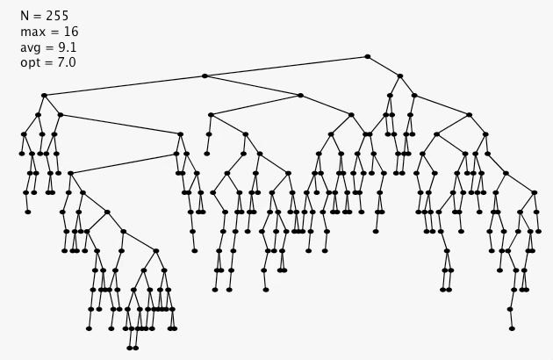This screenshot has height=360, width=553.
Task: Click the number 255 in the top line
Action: pos(55,16)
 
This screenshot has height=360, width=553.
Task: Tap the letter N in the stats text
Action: pos(25,16)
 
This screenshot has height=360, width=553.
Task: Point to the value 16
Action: pos(70,32)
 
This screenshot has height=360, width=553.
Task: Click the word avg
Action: pos(32,47)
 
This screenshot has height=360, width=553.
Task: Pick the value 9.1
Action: pos(68,47)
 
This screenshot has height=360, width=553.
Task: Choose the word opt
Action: pos(31,63)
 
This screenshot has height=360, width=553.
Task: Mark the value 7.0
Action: pos(66,63)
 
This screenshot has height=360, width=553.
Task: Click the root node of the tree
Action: pos(367,57)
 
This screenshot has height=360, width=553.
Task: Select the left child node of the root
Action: pos(205,76)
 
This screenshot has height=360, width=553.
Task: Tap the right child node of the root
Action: pos(399,76)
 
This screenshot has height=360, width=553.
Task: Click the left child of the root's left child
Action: pos(43,95)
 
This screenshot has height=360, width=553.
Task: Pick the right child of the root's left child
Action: pos(300,95)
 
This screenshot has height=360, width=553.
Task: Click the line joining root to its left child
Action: pos(285,67)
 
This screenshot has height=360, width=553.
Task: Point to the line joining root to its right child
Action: pos(384,67)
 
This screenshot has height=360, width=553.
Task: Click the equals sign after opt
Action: pos(51,63)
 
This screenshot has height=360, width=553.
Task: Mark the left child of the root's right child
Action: pos(389,95)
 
